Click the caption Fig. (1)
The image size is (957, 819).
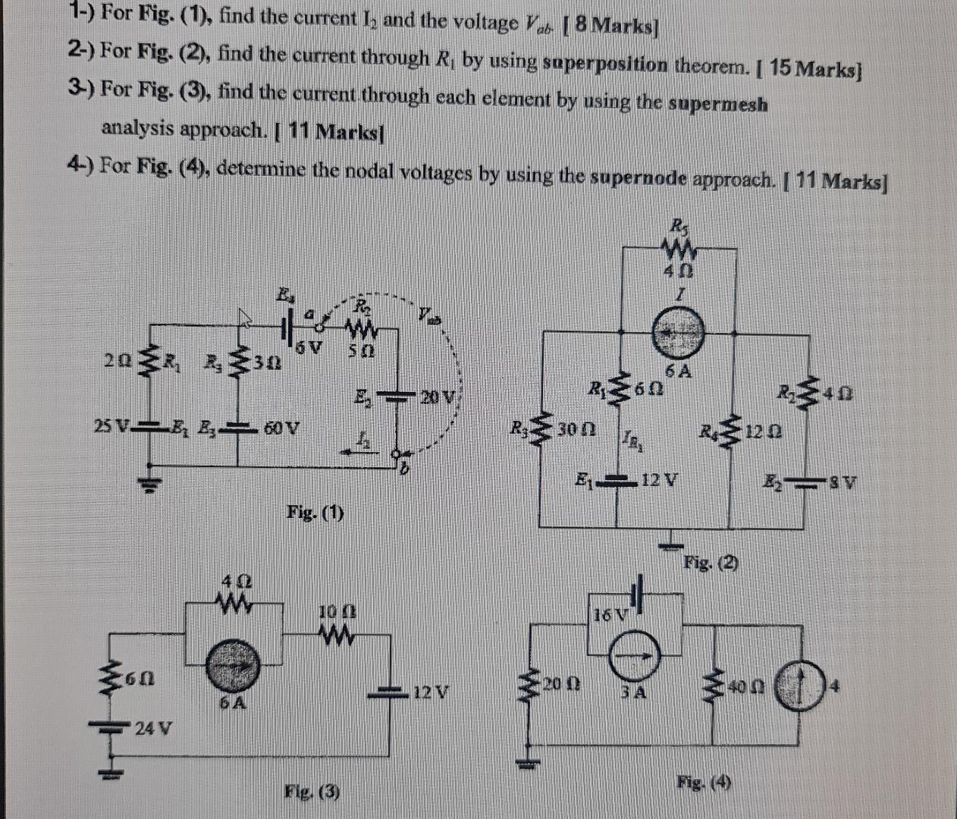[x=315, y=513]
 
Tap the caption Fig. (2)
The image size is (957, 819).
[x=711, y=563]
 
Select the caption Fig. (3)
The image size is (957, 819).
[x=312, y=792]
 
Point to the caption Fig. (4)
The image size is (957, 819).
[x=705, y=782]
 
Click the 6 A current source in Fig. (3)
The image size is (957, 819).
[x=234, y=664]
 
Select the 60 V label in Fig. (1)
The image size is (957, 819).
[x=281, y=427]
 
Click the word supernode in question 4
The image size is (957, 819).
[x=648, y=179]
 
